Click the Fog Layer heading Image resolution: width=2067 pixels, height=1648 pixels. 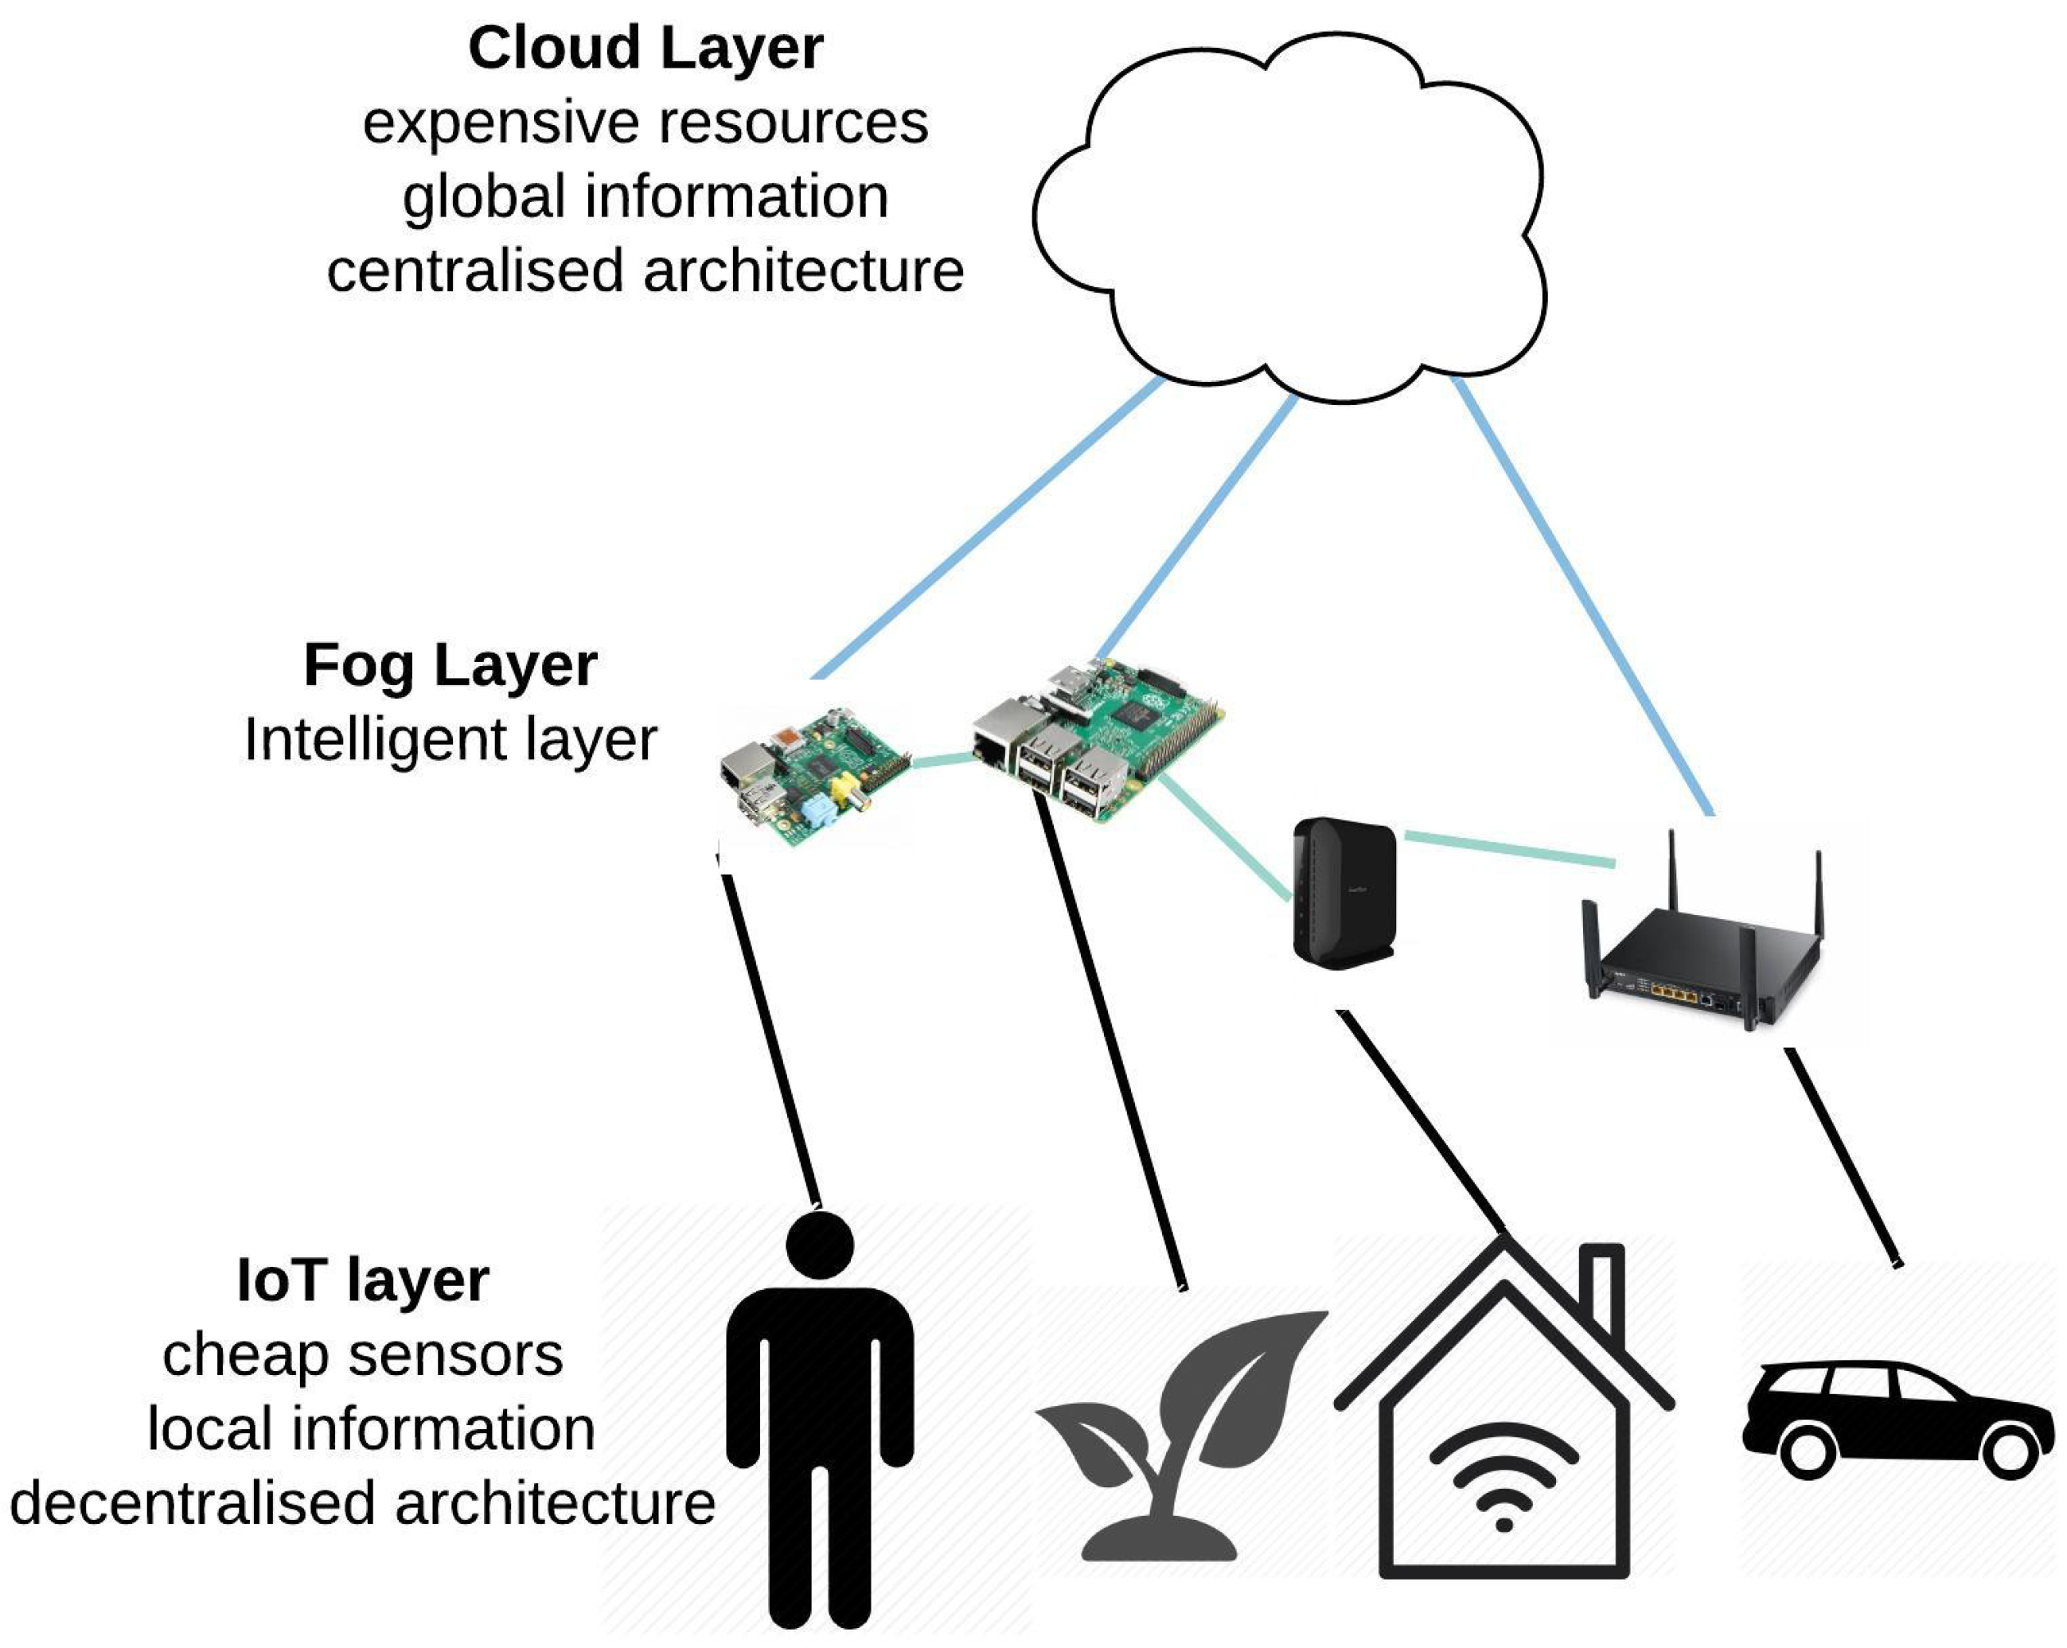[450, 664]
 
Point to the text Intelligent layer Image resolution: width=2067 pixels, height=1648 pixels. [450, 739]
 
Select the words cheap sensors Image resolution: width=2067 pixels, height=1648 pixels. [362, 1354]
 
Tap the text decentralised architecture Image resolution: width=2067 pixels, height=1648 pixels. [362, 1502]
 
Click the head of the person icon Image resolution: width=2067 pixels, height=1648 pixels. [820, 1245]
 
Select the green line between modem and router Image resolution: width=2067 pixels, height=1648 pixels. [1510, 848]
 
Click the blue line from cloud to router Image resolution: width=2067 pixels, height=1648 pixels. [1582, 594]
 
